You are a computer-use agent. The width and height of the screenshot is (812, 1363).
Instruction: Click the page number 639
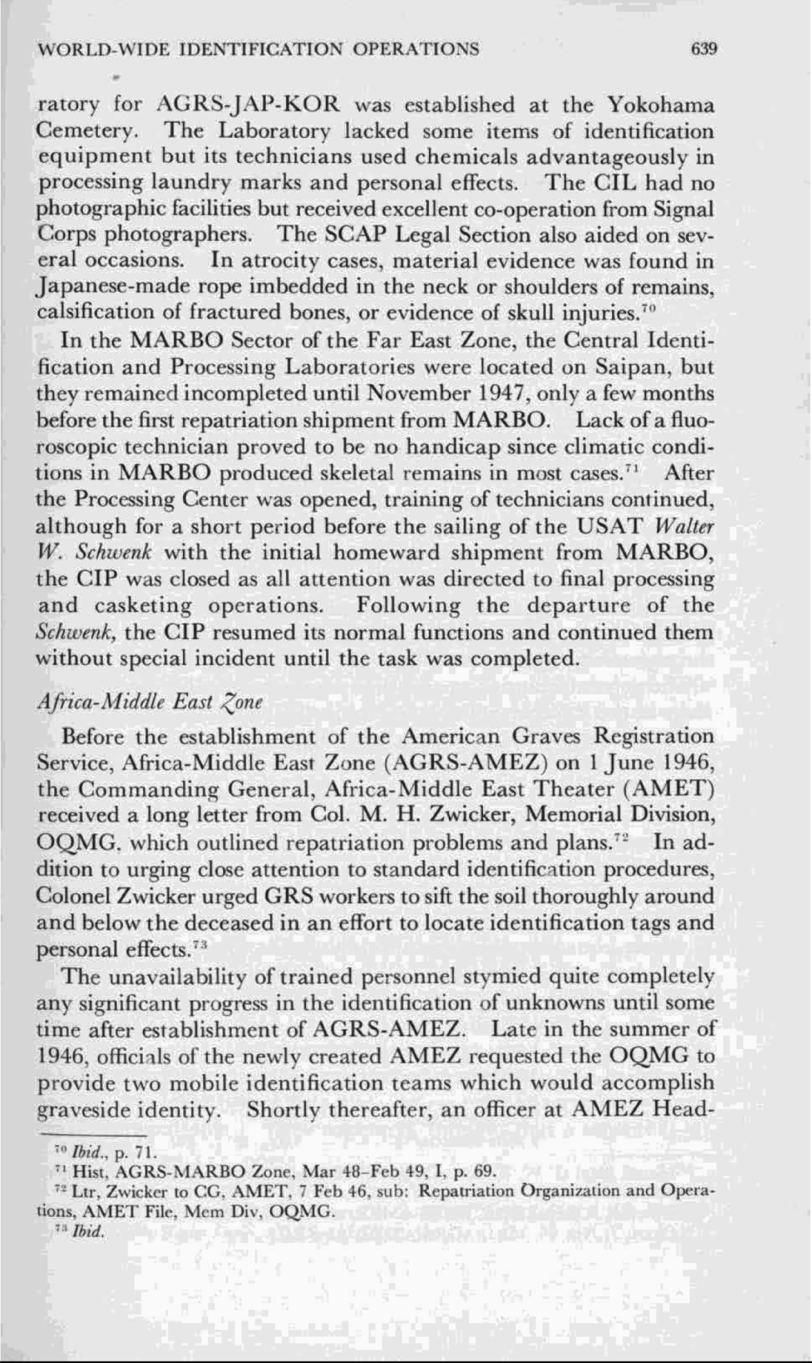pyautogui.click(x=703, y=49)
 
